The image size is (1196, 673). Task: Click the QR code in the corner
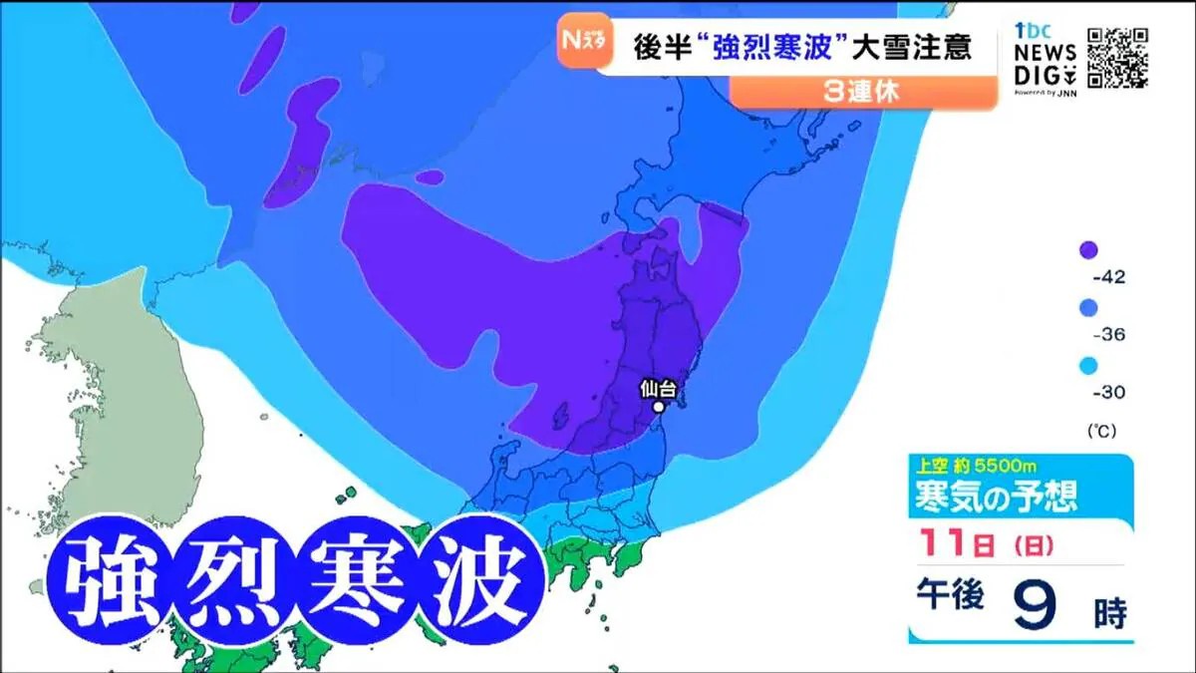point(1117,58)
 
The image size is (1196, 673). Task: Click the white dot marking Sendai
point(658,407)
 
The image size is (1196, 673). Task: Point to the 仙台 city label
point(658,389)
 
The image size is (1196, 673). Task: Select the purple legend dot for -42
point(1089,250)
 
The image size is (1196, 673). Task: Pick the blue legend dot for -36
point(1089,308)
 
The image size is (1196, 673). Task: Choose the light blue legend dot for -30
point(1089,366)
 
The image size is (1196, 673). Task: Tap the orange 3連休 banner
point(863,92)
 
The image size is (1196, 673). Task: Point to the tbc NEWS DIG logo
point(1045,58)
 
